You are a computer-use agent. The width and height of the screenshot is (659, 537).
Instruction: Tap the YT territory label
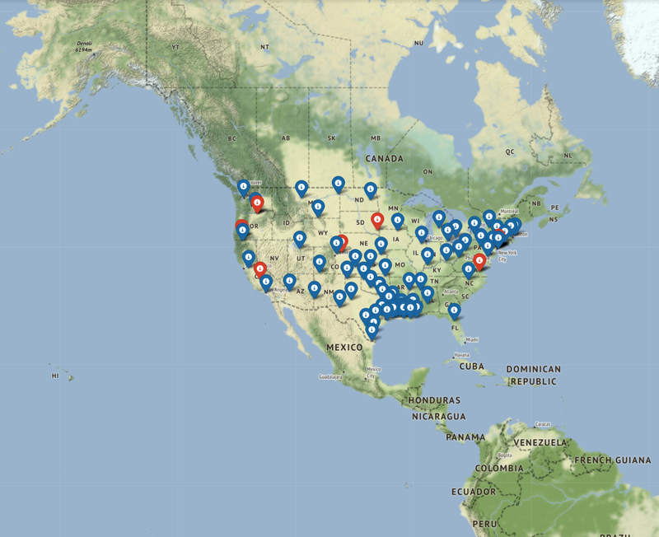175,48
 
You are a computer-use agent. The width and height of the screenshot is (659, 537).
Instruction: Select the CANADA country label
385,158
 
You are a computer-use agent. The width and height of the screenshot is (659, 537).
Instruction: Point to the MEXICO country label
344,348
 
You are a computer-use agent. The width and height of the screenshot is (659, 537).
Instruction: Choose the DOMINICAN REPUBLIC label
533,376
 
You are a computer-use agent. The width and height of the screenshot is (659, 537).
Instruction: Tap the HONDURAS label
434,400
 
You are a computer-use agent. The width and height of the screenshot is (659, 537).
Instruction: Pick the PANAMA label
466,437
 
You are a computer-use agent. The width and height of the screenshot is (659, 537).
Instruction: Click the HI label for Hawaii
55,376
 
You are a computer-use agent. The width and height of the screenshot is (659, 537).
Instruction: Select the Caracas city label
542,423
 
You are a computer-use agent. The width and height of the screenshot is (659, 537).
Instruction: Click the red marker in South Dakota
377,220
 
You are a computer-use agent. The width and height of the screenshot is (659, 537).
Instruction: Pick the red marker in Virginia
479,261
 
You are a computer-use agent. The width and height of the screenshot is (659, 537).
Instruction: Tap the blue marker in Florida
454,310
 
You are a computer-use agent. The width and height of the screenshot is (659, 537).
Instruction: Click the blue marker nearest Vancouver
243,187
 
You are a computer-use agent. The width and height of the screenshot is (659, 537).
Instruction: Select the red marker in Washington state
259,201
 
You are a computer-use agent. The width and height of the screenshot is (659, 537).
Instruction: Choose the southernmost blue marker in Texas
372,329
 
